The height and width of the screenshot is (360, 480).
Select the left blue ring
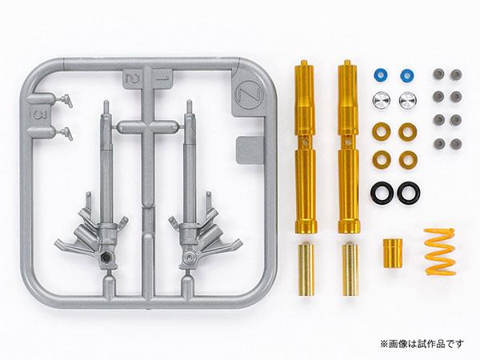[x=381, y=74]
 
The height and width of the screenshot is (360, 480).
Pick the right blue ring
[x=407, y=74]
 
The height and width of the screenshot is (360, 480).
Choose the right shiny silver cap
[x=408, y=100]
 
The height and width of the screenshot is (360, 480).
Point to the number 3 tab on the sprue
[x=38, y=114]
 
